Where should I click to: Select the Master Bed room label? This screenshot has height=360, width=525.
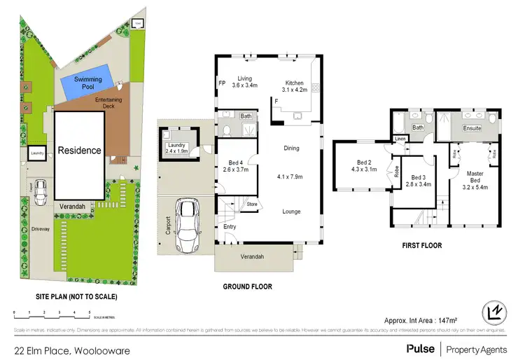(x=475, y=178)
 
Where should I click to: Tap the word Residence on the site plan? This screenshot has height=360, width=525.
(x=79, y=150)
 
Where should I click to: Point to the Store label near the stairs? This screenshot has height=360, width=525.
(x=251, y=205)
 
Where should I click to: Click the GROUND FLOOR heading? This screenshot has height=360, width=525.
(x=247, y=286)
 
